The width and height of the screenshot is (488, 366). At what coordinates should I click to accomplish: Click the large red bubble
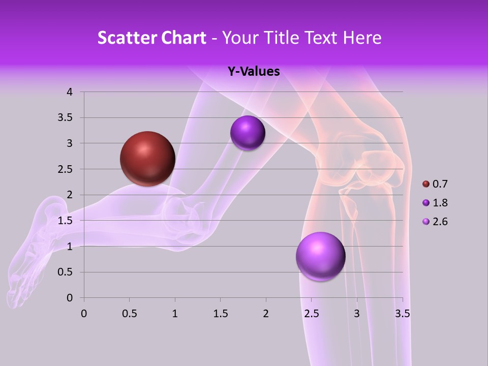click(148, 159)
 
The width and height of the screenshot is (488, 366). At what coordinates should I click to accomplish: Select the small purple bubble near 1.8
click(248, 133)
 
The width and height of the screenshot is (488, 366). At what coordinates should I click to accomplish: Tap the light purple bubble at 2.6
click(320, 256)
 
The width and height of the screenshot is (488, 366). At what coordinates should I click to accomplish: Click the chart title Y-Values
click(254, 72)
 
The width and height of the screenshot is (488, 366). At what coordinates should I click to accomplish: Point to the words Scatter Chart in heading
click(151, 38)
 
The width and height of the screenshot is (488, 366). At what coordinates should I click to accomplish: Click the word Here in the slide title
click(362, 38)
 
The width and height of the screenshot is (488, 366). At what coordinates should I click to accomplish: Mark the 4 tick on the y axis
click(70, 92)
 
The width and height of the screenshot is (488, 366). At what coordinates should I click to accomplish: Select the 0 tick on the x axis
click(84, 314)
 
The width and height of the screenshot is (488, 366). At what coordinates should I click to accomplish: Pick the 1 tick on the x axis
click(175, 314)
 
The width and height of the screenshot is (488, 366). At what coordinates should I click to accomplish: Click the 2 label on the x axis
click(266, 314)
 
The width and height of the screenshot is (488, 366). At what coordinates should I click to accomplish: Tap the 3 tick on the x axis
click(357, 314)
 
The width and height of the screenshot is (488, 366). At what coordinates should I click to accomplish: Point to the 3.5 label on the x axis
click(402, 314)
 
